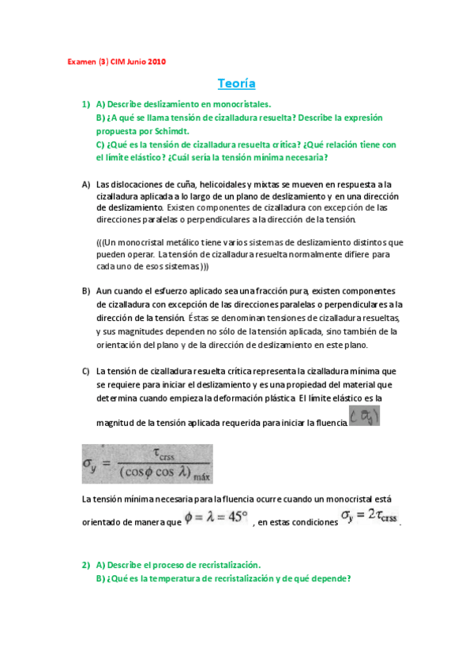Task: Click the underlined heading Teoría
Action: click(236, 83)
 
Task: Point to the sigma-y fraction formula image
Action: click(147, 463)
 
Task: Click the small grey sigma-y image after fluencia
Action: click(365, 418)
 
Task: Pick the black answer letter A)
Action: click(87, 184)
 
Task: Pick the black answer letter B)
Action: click(87, 291)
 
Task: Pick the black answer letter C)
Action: click(87, 371)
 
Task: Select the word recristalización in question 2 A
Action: click(223, 565)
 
